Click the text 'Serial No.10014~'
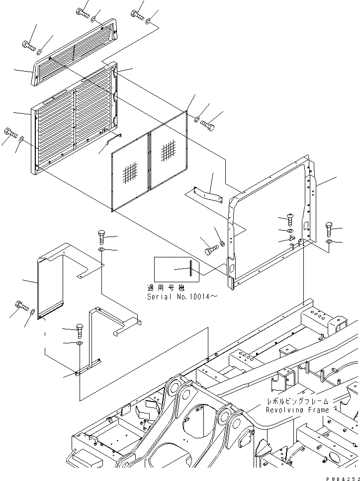pos(182,296)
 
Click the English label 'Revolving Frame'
pos(297,410)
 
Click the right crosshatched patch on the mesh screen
pos(168,149)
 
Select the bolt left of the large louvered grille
pos(10,133)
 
